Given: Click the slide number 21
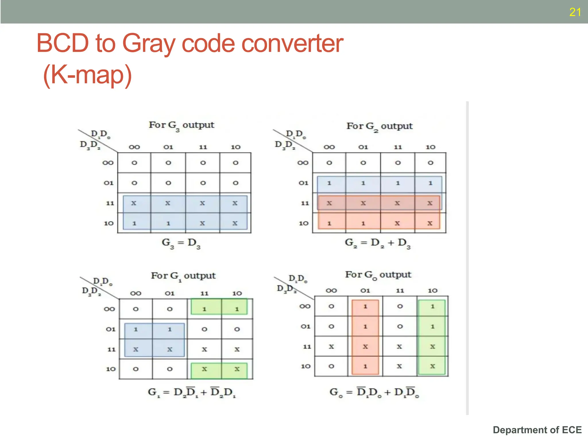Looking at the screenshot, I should click(575, 12).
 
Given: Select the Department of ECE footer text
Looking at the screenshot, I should click(537, 430).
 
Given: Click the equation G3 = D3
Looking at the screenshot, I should click(181, 243).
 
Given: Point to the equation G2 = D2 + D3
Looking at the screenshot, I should click(378, 243).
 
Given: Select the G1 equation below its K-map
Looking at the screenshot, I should click(192, 392).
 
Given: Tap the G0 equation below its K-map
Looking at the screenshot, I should click(374, 392).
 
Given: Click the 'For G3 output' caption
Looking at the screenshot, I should click(181, 125).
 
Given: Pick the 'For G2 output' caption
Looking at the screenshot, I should click(379, 126).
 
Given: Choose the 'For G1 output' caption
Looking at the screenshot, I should click(183, 276).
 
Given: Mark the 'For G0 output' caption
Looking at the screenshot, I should click(378, 275).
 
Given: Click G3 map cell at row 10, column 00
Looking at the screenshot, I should click(134, 223).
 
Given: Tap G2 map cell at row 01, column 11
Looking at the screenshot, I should click(398, 183).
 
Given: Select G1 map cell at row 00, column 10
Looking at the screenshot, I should click(237, 309).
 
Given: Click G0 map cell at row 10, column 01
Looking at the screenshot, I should click(365, 366).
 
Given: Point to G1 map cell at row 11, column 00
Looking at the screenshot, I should click(136, 349).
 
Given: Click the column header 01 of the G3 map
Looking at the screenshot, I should click(168, 147).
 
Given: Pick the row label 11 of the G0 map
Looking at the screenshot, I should click(307, 347).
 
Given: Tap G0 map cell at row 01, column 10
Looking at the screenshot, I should click(432, 326).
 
